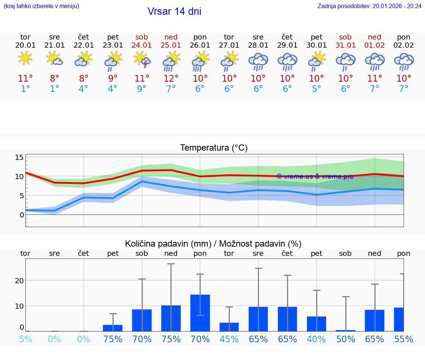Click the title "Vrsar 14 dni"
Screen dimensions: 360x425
(x=174, y=11)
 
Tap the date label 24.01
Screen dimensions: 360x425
(x=142, y=45)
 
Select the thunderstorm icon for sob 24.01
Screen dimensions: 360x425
(x=142, y=60)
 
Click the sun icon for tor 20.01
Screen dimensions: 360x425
(x=25, y=59)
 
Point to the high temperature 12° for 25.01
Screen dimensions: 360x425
(x=171, y=79)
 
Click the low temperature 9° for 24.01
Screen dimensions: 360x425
(x=142, y=89)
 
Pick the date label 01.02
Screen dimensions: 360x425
(x=374, y=45)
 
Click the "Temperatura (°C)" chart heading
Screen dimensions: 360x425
(x=214, y=148)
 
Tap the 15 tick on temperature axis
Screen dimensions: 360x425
(x=20, y=158)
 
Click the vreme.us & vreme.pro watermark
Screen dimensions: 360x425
(x=315, y=176)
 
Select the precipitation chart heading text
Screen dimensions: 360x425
(x=213, y=244)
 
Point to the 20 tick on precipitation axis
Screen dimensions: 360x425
(x=20, y=281)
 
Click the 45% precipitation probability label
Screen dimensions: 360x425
(x=229, y=339)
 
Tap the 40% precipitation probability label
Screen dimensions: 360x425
(x=317, y=339)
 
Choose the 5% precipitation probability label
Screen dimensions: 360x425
(x=25, y=339)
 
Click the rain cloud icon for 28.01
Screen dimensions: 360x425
(x=258, y=61)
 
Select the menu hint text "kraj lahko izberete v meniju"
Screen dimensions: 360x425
(x=41, y=6)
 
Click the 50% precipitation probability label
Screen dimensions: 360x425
(x=345, y=339)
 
